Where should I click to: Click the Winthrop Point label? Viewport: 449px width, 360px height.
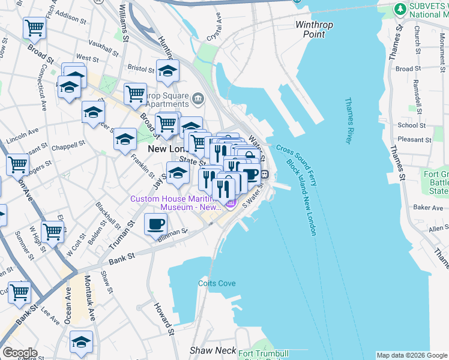310,29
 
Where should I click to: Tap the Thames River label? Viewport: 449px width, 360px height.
348,121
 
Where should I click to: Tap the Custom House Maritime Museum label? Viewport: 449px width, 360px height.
174,203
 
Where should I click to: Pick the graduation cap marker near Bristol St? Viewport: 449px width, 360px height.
168,71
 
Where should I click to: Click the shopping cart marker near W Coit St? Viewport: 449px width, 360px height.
52,230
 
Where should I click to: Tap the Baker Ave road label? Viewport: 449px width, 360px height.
428,208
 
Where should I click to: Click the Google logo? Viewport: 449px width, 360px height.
19,353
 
